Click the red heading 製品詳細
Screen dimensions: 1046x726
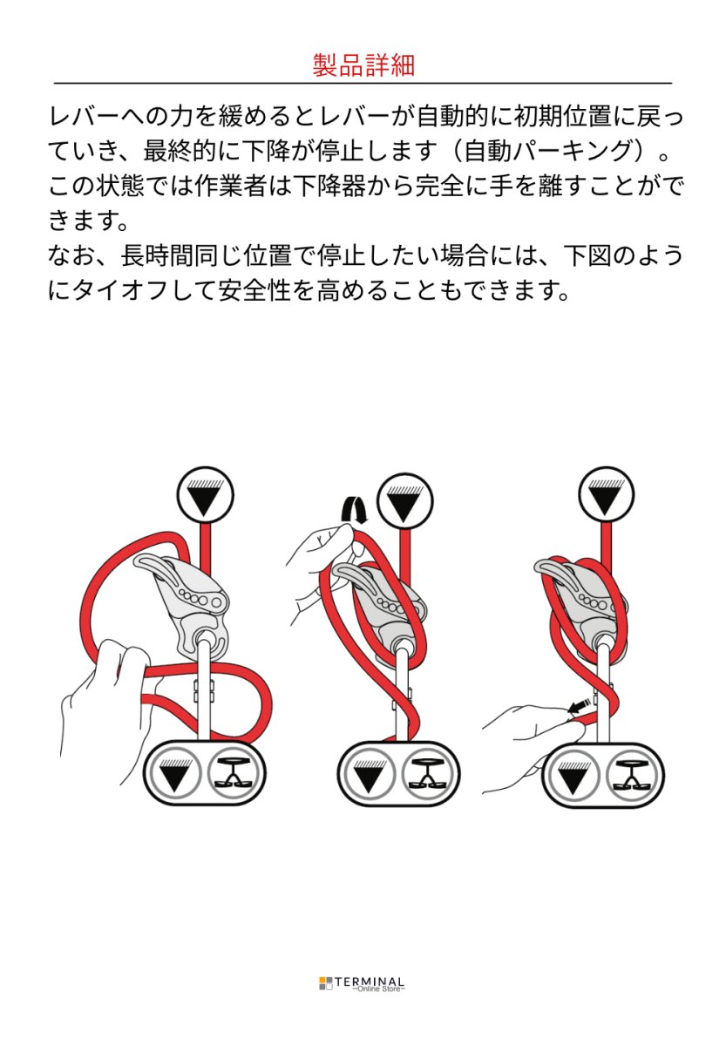363,65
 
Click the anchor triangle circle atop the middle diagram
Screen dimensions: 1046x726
404,498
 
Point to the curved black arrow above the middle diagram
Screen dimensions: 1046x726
354,509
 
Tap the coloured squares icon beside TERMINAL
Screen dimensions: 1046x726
325,983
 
